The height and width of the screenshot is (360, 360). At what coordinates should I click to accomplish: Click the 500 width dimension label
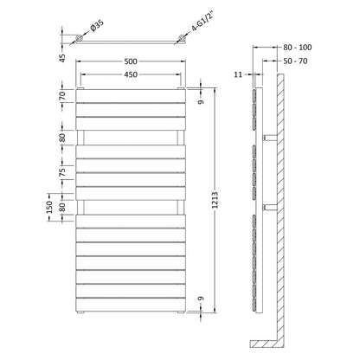coord(131,61)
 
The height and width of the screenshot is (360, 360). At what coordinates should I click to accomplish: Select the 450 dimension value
coord(131,74)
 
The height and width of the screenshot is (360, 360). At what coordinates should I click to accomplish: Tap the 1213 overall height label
coord(215,200)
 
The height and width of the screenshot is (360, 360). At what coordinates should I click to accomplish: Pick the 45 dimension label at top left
coord(62,58)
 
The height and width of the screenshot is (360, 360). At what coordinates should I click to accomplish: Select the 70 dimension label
coord(62,95)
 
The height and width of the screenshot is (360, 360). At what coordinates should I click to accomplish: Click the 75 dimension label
coord(62,172)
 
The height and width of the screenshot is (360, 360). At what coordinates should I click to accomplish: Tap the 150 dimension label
coord(49,207)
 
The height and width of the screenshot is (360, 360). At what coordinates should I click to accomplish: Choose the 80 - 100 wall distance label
coord(298,48)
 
